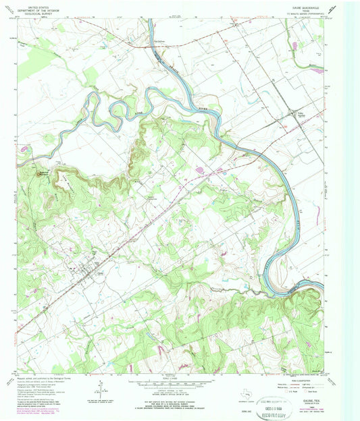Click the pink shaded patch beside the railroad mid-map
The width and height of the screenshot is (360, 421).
tap(201, 169)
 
